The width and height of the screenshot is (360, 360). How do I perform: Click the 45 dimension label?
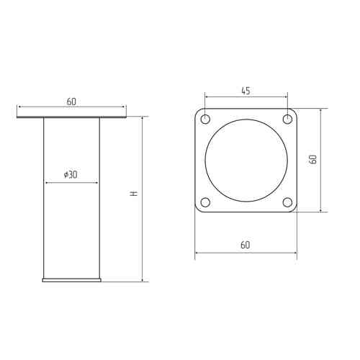[246, 91]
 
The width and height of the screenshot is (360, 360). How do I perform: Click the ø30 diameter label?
[71, 175]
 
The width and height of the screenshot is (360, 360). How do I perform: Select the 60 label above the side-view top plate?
[71, 102]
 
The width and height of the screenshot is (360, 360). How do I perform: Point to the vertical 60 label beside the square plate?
[312, 159]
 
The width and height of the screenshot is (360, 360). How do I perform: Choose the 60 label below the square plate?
[245, 245]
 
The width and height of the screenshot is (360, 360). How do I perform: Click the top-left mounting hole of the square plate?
[205, 119]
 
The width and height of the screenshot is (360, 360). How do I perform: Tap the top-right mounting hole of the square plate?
[287, 119]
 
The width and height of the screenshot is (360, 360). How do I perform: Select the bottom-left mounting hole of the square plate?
[205, 202]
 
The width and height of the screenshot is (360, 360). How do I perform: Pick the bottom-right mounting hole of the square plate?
[287, 202]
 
